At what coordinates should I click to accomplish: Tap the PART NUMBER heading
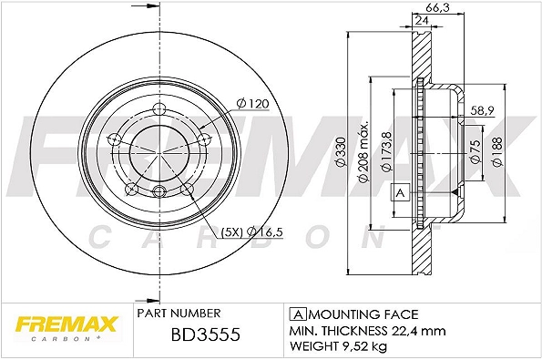[x=181, y=313]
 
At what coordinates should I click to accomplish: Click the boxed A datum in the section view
[x=399, y=192]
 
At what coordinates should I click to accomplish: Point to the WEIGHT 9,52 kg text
[x=339, y=345]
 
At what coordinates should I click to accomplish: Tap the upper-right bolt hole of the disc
[x=205, y=139]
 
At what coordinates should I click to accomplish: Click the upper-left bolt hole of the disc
[x=114, y=139]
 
